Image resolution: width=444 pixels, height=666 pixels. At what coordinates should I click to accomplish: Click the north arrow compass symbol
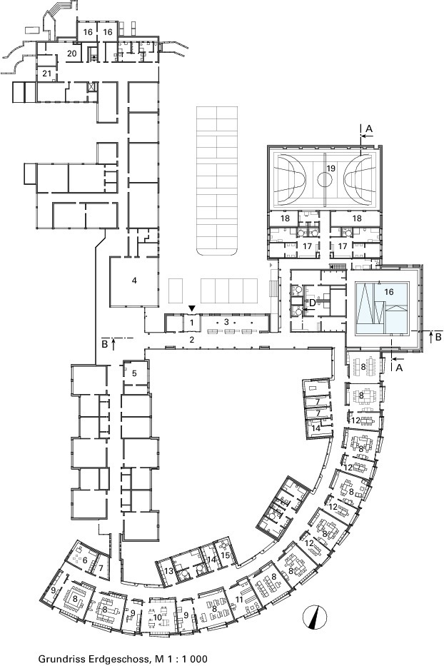(315, 616)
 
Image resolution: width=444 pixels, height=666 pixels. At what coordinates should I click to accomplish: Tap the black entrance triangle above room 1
(193, 308)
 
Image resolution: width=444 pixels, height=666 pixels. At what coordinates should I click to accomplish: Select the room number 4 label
(134, 281)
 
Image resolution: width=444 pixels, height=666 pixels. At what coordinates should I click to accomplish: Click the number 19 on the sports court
(331, 168)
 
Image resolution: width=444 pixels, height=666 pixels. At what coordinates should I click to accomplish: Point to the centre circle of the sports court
(325, 180)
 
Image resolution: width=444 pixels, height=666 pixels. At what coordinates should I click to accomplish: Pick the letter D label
(311, 303)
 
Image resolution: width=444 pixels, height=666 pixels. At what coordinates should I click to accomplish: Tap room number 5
(134, 373)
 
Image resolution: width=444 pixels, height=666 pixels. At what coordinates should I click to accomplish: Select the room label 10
(157, 617)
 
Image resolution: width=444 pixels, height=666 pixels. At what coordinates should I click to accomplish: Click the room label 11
(239, 600)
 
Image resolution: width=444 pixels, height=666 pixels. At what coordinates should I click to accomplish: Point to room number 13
(168, 571)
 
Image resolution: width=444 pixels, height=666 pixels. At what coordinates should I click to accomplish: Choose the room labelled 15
(225, 555)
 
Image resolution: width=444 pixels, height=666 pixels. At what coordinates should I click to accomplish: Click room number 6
(85, 560)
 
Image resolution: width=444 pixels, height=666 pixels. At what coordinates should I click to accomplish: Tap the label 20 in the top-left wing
(72, 53)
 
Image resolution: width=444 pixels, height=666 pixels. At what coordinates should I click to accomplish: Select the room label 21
(46, 74)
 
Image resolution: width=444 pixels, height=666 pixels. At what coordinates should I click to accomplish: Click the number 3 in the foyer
(226, 321)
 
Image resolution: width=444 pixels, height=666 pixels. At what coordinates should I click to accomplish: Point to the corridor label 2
(191, 339)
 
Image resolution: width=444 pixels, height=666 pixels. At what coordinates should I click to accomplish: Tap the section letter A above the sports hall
(369, 128)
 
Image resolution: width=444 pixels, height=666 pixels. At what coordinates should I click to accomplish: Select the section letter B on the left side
(104, 343)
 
